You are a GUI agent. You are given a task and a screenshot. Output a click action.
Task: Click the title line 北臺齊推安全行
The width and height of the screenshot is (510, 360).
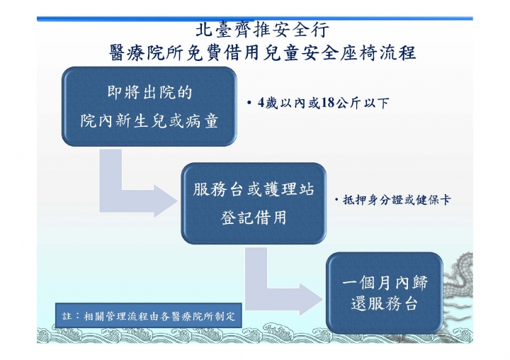(x=262, y=30)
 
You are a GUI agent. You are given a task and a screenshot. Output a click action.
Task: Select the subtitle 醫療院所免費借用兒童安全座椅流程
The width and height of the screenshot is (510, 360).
(x=263, y=52)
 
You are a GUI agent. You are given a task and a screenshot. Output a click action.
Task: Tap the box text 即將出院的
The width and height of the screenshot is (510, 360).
(x=149, y=92)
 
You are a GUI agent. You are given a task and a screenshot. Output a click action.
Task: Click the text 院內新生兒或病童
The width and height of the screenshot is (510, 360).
(x=149, y=120)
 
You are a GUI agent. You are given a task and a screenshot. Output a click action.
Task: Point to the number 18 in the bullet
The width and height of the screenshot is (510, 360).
(x=328, y=103)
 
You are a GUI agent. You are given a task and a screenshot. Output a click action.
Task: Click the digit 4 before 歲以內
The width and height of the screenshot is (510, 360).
(x=261, y=103)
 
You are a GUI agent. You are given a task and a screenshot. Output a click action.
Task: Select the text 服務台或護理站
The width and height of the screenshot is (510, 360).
(x=254, y=189)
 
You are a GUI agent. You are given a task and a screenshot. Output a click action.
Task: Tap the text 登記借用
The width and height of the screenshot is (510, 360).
(x=254, y=218)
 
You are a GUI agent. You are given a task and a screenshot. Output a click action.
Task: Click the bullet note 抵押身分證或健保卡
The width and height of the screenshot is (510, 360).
(x=397, y=200)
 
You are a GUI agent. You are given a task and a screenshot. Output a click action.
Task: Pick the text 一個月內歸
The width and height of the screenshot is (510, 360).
(x=385, y=283)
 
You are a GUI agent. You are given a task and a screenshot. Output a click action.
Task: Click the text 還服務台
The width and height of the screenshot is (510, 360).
(x=385, y=303)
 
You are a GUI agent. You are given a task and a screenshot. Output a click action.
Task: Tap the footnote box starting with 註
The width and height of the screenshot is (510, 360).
(x=149, y=316)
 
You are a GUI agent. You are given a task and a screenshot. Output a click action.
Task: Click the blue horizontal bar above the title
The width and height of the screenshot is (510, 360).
(x=255, y=19)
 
